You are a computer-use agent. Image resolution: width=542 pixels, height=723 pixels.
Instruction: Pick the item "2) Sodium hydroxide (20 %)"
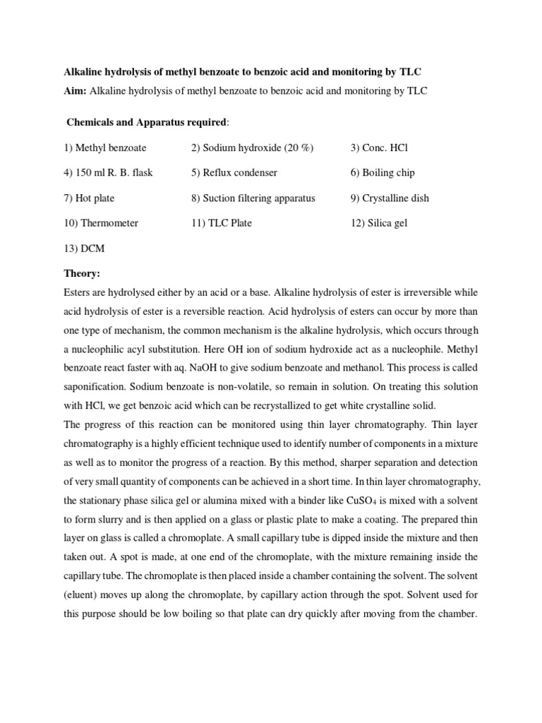click(253, 148)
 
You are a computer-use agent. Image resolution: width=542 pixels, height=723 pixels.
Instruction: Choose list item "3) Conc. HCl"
click(380, 148)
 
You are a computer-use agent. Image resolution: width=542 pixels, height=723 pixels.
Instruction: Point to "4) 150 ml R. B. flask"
click(108, 172)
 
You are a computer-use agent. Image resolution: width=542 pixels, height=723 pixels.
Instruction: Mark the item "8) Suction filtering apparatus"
click(253, 198)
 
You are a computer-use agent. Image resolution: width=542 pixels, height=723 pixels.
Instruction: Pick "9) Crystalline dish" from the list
click(390, 198)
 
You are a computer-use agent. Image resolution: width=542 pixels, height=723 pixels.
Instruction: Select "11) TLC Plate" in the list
click(222, 223)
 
